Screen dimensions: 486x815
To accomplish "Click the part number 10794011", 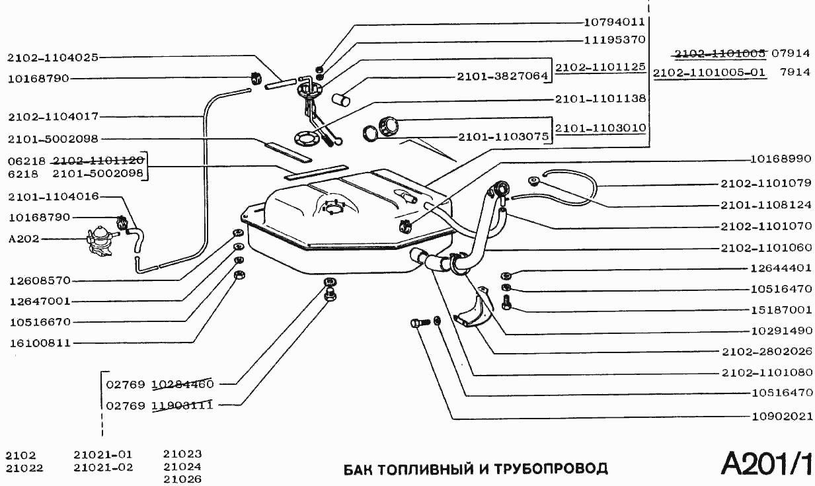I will click(x=615, y=21).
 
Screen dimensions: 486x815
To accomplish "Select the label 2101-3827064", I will click(x=502, y=77).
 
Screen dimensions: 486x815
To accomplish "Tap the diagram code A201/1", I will click(x=767, y=464).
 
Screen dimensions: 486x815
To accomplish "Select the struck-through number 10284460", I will click(x=182, y=384).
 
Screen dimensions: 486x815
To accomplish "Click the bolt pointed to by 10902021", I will click(x=415, y=324).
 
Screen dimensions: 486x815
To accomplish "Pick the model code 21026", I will click(x=182, y=479).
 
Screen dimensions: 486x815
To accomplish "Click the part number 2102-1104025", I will click(x=53, y=58).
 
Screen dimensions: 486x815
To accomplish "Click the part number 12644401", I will click(x=781, y=268).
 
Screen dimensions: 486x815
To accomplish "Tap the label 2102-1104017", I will click(x=53, y=116).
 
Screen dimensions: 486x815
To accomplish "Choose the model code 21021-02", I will click(x=103, y=467).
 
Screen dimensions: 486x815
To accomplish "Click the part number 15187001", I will click(x=781, y=309).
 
